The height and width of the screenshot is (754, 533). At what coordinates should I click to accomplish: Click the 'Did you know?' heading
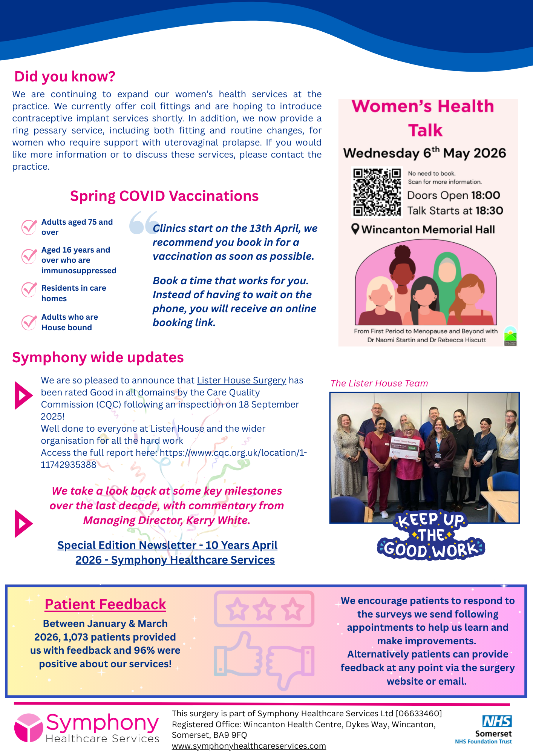click(x=64, y=77)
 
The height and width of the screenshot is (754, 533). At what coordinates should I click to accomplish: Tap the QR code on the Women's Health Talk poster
click(x=377, y=192)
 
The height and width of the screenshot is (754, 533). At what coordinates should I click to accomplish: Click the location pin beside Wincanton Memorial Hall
click(x=355, y=229)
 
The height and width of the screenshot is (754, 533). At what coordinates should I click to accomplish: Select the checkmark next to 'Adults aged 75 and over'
click(x=29, y=227)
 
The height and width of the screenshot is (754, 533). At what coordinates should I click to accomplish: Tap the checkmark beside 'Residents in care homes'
click(x=29, y=290)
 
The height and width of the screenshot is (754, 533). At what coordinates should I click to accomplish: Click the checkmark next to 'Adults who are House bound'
click(x=29, y=322)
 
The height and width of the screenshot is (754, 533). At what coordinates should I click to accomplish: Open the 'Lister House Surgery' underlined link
click(x=241, y=380)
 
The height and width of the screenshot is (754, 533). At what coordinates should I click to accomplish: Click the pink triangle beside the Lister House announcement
click(x=23, y=395)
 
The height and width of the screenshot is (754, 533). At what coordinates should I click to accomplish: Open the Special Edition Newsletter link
click(x=167, y=552)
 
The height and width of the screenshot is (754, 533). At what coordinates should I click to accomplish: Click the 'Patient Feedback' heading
click(x=105, y=604)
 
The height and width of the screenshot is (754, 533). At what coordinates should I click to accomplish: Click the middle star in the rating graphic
click(x=264, y=608)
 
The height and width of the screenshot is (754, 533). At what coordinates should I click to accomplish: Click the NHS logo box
click(x=497, y=721)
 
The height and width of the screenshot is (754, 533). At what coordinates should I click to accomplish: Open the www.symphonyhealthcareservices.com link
click(x=249, y=746)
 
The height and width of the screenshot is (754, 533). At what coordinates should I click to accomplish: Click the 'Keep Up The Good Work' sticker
click(x=431, y=535)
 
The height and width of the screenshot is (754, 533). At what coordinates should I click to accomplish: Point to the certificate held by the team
click(x=405, y=448)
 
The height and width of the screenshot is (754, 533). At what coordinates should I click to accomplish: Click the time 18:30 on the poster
click(x=489, y=210)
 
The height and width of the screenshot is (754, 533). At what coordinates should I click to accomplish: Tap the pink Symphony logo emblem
click(x=28, y=727)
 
